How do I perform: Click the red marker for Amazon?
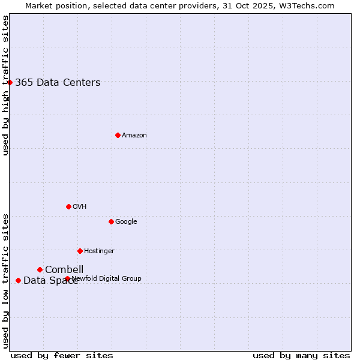click(x=118, y=135)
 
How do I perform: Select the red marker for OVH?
click(x=68, y=206)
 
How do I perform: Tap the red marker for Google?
click(x=111, y=221)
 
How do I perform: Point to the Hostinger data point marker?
click(x=80, y=251)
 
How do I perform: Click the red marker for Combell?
click(x=40, y=269)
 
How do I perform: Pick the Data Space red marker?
click(x=18, y=280)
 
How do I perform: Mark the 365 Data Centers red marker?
click(x=10, y=82)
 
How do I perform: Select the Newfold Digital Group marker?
click(x=67, y=278)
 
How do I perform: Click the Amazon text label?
click(x=134, y=136)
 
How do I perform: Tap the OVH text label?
click(x=80, y=207)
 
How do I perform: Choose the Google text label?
click(x=126, y=222)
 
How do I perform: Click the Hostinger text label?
click(x=99, y=251)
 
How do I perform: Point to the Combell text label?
click(x=64, y=270)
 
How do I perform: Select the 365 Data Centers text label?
click(x=58, y=83)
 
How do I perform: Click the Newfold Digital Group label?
click(x=107, y=279)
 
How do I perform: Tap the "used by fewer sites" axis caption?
click(x=62, y=356)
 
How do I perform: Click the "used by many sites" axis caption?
click(x=301, y=356)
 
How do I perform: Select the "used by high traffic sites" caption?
click(x=5, y=85)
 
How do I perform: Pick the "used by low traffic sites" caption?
click(x=5, y=280)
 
